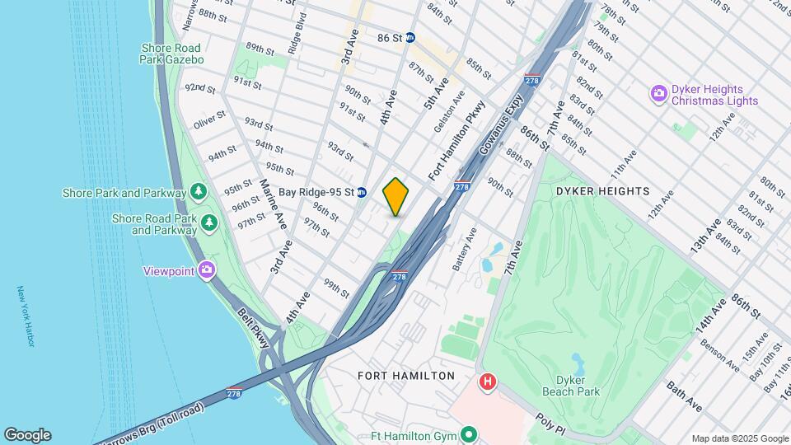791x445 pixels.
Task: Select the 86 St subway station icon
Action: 410,38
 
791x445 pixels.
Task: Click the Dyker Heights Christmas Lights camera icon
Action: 658,94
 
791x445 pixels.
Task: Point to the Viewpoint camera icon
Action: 206,269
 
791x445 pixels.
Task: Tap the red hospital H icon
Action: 488,382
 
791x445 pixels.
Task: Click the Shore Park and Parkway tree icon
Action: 198,193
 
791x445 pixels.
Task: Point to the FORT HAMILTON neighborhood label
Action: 406,376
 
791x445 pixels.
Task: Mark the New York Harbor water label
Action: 26,316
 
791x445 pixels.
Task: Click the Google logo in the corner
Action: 27,434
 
